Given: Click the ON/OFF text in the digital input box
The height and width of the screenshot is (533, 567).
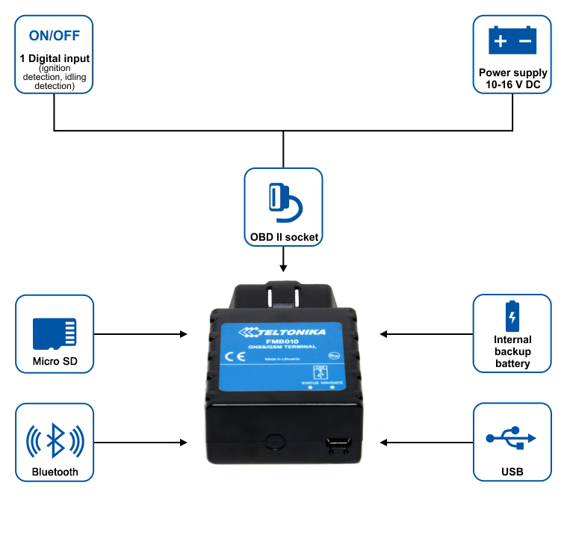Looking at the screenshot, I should tap(54, 35).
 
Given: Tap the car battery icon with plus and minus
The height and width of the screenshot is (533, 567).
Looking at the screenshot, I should tap(512, 40).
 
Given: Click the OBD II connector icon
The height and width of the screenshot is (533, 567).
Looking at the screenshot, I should tap(283, 202).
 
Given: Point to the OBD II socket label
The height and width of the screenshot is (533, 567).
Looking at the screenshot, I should tap(284, 238).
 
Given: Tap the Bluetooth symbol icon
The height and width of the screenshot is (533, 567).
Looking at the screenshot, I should tap(55, 440).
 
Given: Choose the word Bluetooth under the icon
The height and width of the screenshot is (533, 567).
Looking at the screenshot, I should tap(55, 472).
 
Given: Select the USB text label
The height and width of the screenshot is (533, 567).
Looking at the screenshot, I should tap(512, 472).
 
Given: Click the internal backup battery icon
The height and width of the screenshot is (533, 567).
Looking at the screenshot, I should tap(512, 316).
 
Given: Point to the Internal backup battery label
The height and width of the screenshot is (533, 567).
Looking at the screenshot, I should tap(512, 351).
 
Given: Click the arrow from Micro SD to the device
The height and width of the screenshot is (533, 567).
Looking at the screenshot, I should tap(142, 334).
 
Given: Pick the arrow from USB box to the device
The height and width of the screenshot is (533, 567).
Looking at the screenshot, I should tap(426, 443).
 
